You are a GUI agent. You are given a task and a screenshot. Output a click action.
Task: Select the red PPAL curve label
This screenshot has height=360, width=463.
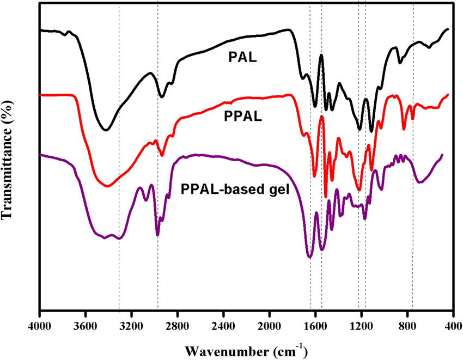240,116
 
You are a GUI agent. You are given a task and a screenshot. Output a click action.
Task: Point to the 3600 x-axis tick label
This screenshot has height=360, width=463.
85,326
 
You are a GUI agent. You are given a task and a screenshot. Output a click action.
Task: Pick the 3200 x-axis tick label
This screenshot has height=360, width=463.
131,326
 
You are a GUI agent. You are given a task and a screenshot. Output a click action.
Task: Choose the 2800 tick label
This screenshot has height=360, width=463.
177,326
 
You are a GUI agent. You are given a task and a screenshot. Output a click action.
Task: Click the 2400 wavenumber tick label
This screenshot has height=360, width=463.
223,326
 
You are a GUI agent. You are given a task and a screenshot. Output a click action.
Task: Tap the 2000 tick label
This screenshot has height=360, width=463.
269,326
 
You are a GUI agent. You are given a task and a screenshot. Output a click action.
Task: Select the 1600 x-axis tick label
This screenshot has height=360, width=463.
315,326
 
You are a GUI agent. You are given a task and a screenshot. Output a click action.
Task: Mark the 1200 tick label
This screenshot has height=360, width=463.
361,326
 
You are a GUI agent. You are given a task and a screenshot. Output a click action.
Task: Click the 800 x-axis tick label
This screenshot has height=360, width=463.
406,326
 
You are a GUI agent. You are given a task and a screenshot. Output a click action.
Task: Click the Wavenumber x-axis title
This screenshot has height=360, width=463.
246,349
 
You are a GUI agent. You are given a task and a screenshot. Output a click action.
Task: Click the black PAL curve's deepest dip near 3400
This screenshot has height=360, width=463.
106,130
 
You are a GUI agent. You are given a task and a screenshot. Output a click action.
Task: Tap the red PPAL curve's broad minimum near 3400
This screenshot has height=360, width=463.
107,186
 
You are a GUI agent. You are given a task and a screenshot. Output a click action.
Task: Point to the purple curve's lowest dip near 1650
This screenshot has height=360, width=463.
309,257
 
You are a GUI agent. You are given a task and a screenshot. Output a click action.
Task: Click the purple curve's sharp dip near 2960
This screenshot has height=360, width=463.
157,235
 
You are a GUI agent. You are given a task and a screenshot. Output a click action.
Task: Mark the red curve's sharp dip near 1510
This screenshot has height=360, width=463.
325,197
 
